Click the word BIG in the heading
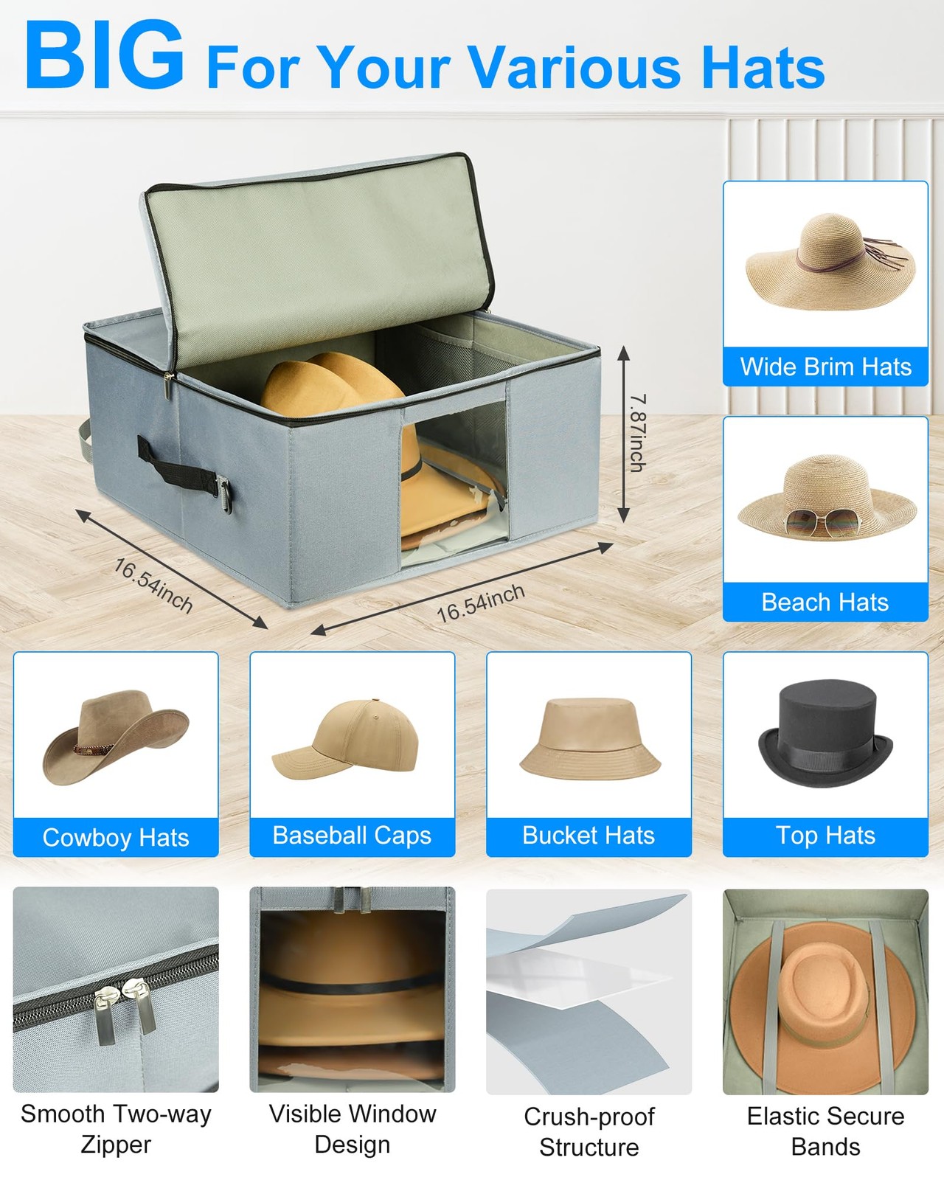click(x=104, y=56)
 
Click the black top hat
click(x=825, y=733)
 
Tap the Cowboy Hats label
click(x=116, y=837)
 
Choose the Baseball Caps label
click(x=352, y=836)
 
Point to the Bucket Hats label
click(x=589, y=836)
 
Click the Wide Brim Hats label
click(x=825, y=367)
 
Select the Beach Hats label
click(x=825, y=602)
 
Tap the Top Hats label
click(x=825, y=836)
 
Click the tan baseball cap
click(x=347, y=741)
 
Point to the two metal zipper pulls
click(x=125, y=1010)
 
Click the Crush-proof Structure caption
click(x=589, y=1131)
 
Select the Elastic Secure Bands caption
click(x=825, y=1131)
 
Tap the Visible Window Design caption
click(x=352, y=1128)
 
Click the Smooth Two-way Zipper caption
click(x=116, y=1128)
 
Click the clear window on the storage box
click(x=454, y=479)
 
